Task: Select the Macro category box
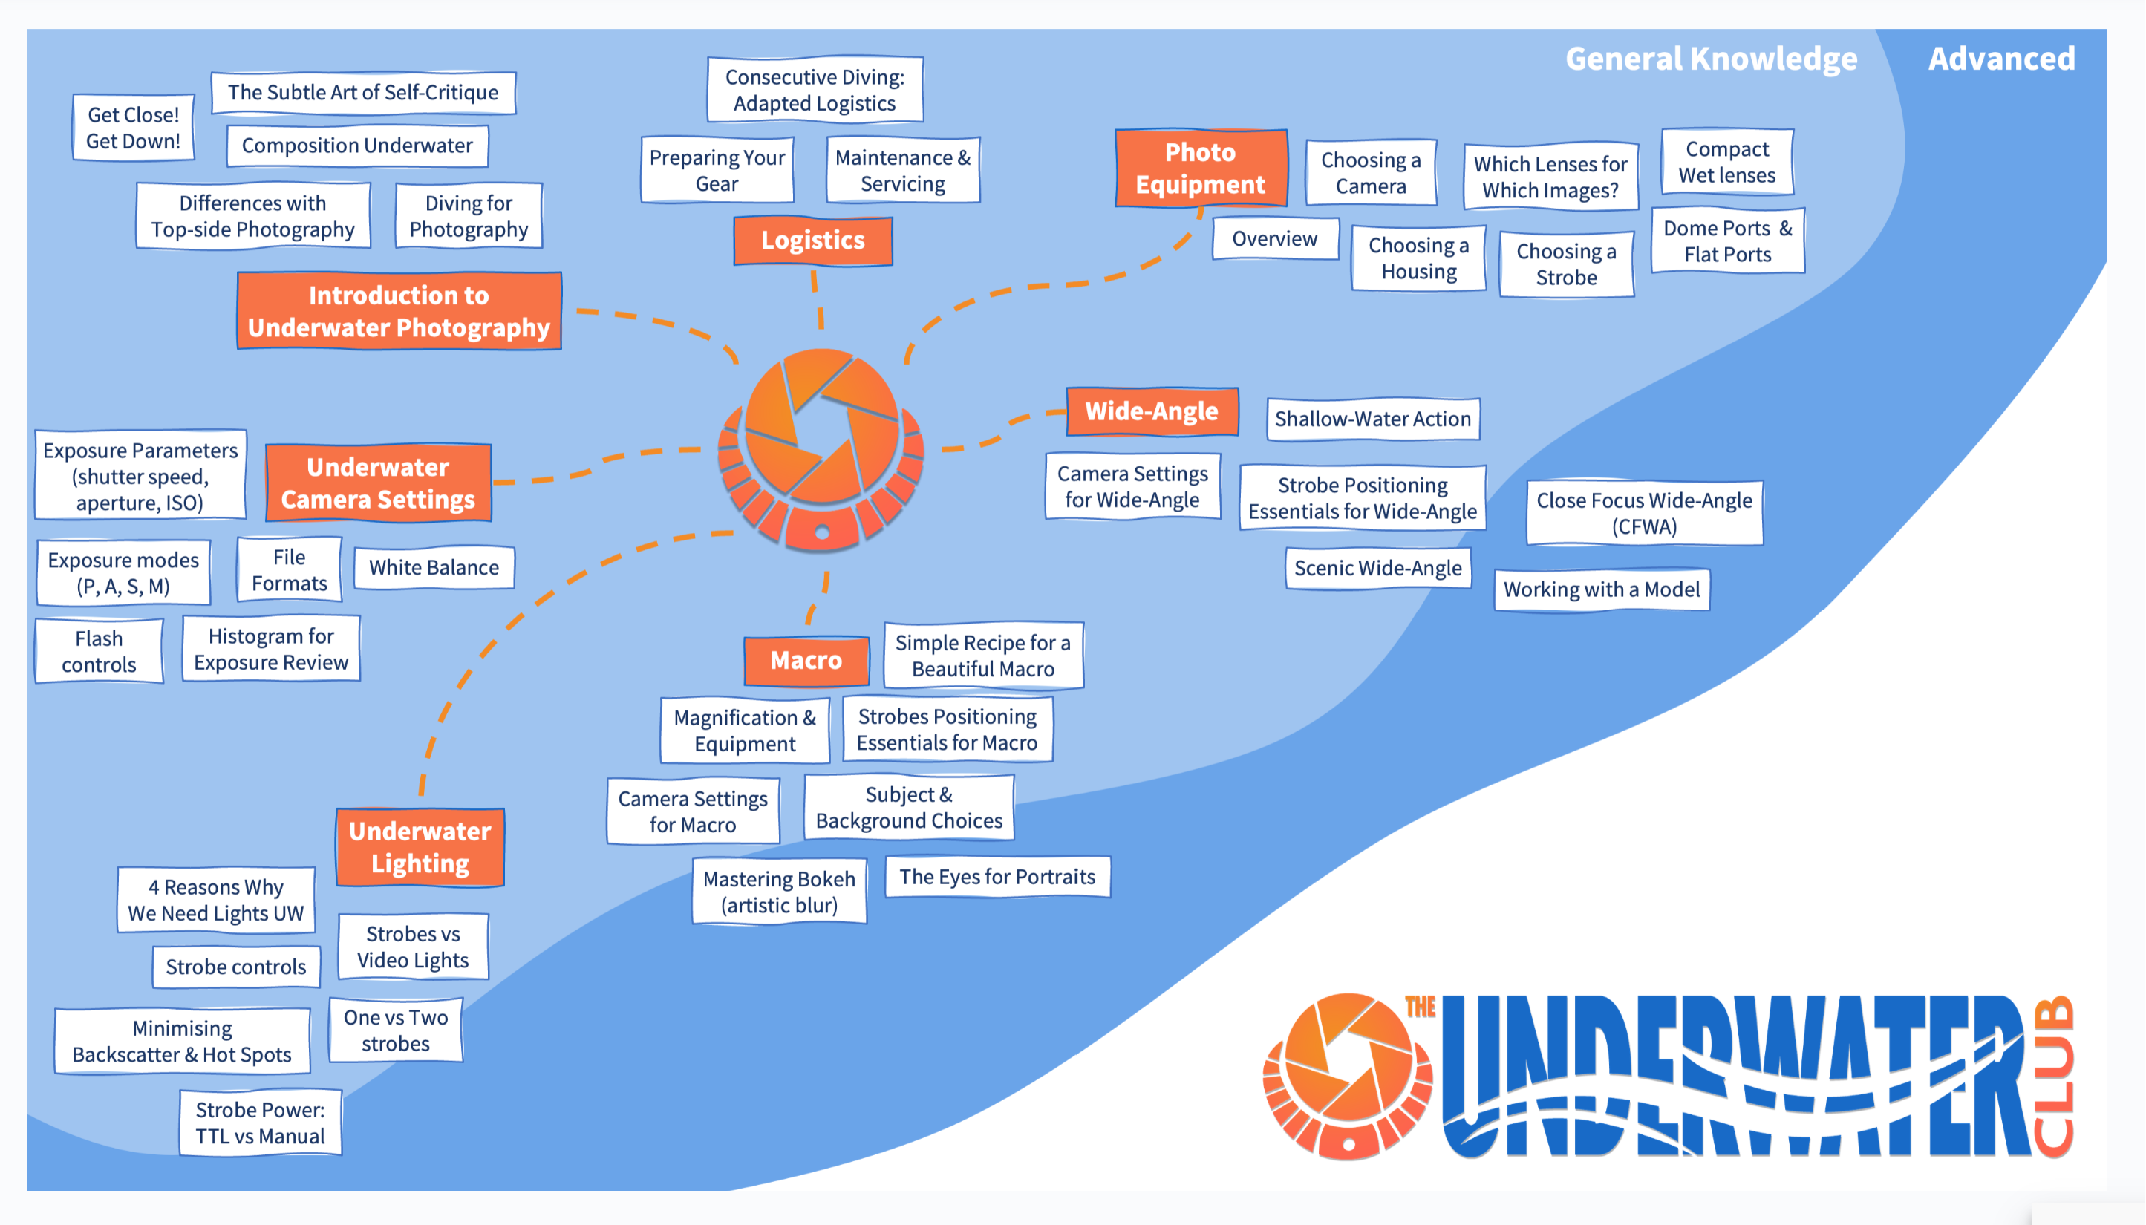(x=806, y=661)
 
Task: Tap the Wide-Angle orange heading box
(x=1152, y=411)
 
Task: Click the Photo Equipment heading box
(x=1201, y=169)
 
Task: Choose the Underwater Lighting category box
(x=420, y=847)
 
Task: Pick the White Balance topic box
(x=434, y=568)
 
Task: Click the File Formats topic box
(x=290, y=569)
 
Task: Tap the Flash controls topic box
(x=100, y=651)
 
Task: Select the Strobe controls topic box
(x=236, y=967)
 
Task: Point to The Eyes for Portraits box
(x=998, y=877)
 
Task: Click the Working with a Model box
(x=1602, y=589)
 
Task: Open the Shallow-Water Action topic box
(x=1373, y=419)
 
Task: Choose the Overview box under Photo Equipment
(x=1274, y=239)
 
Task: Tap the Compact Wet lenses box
(x=1727, y=163)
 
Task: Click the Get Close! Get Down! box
(x=134, y=128)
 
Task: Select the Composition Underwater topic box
(x=357, y=146)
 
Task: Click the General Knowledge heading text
(x=1711, y=59)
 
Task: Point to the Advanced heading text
(x=2001, y=59)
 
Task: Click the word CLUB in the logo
(x=2053, y=1077)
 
